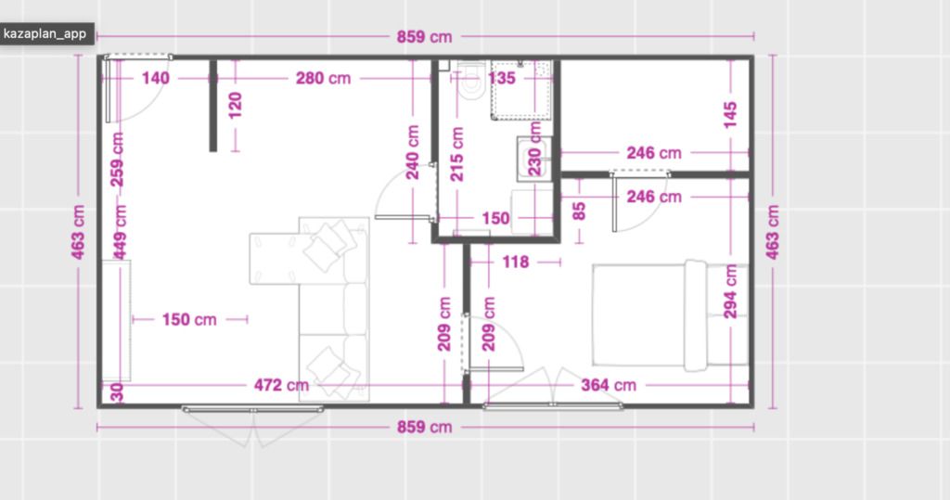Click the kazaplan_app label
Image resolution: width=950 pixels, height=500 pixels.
click(x=45, y=33)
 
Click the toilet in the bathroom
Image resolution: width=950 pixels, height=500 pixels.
click(x=470, y=80)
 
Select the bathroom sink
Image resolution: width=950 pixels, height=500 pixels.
click(x=533, y=159)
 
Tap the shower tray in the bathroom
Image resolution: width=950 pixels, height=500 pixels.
click(x=521, y=90)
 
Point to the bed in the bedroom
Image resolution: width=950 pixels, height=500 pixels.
click(x=671, y=314)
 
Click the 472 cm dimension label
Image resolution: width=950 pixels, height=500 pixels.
click(x=281, y=385)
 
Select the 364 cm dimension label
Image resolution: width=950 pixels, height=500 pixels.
click(x=609, y=385)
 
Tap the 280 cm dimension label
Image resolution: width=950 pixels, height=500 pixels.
click(x=323, y=78)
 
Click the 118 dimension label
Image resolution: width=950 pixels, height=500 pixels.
click(x=515, y=262)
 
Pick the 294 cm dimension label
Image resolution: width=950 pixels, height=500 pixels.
click(x=731, y=291)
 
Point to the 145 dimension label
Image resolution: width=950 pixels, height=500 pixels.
click(x=730, y=114)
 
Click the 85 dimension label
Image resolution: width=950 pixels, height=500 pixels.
click(x=579, y=211)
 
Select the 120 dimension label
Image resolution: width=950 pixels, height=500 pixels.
click(x=235, y=106)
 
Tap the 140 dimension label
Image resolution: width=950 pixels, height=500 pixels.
click(x=155, y=78)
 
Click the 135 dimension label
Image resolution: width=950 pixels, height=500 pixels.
click(x=501, y=78)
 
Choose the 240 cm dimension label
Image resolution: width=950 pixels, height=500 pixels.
click(x=413, y=152)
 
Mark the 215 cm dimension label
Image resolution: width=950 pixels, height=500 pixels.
click(x=456, y=154)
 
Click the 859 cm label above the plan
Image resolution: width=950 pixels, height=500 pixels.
click(x=424, y=36)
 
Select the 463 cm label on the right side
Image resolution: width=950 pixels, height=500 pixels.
click(x=773, y=232)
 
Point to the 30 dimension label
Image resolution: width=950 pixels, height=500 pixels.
click(x=118, y=392)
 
